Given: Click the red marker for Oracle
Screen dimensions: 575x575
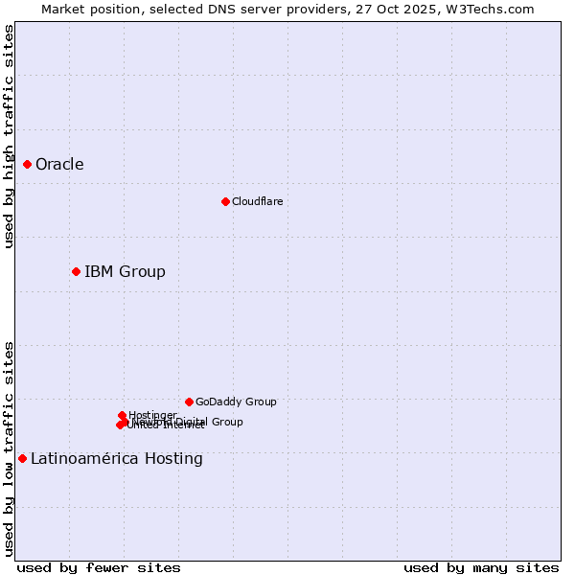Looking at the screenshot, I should (x=27, y=164).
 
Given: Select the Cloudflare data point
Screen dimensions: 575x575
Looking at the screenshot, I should (x=225, y=201).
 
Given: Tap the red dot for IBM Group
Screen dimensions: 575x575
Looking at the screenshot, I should (x=76, y=271).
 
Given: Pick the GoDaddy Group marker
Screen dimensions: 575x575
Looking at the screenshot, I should (x=189, y=402).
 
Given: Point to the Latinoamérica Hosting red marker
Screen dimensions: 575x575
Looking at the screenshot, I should (x=22, y=458).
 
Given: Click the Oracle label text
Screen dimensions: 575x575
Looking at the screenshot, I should (x=59, y=164).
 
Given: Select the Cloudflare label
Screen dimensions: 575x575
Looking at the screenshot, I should (x=257, y=201).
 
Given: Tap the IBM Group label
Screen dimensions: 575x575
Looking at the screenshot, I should (x=125, y=271).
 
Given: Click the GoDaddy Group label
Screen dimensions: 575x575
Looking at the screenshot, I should (x=236, y=402).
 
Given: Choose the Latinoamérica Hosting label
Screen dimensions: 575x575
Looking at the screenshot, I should (x=116, y=458).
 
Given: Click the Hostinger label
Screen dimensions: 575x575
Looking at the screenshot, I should (x=152, y=415).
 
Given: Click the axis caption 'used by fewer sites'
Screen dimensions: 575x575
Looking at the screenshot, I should (x=99, y=567).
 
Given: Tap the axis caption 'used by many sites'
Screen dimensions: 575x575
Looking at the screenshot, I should (x=481, y=567).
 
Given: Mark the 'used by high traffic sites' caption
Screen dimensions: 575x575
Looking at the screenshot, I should (x=9, y=137).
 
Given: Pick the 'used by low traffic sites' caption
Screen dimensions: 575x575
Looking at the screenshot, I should (x=9, y=448).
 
